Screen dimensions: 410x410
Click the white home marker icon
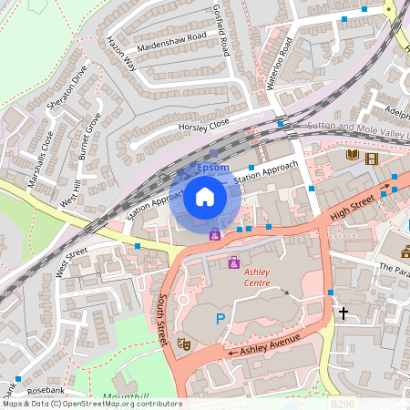point(205,196)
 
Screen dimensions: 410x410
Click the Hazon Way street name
point(120,54)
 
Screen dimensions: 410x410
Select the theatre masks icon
point(183,344)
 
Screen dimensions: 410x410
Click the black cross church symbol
point(343,313)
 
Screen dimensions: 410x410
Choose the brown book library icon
point(352,156)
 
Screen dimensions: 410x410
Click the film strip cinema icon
point(370,158)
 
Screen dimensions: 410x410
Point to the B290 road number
point(342,403)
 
